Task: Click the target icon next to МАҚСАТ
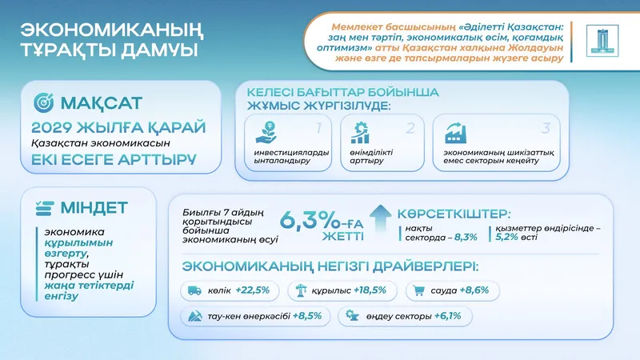pos(46,103)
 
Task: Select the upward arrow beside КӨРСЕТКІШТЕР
pos(382,215)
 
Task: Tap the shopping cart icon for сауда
pos(418,290)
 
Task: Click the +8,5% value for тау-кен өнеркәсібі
pos(306,316)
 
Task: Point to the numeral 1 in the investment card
pos(318,127)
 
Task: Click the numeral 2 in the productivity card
pos(410,127)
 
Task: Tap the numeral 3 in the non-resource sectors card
pos(546,127)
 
